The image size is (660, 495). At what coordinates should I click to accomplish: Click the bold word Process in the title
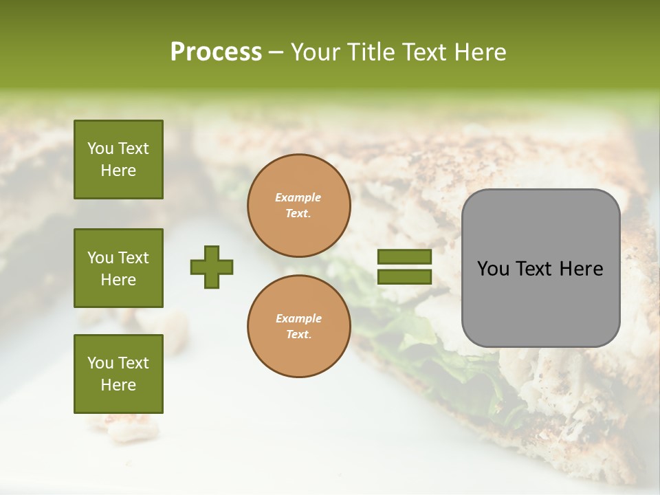216,52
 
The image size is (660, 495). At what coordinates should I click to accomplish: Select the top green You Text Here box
118,159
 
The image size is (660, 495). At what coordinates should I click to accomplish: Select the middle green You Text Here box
118,268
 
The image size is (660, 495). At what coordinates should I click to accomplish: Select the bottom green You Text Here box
118,374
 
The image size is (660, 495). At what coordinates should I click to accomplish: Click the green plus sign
212,267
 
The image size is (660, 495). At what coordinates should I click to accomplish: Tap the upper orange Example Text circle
299,206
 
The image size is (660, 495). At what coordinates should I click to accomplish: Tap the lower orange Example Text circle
299,327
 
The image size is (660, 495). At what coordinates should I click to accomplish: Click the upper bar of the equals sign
404,257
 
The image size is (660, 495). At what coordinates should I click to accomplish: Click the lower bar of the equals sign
404,277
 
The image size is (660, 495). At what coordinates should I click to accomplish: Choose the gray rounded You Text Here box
540,268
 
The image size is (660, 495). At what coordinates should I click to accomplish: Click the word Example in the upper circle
298,198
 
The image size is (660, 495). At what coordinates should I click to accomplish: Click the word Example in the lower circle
298,319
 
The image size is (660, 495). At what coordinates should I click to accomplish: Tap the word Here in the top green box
118,170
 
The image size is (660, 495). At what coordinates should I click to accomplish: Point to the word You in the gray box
493,269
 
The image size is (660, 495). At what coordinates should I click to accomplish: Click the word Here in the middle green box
118,280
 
